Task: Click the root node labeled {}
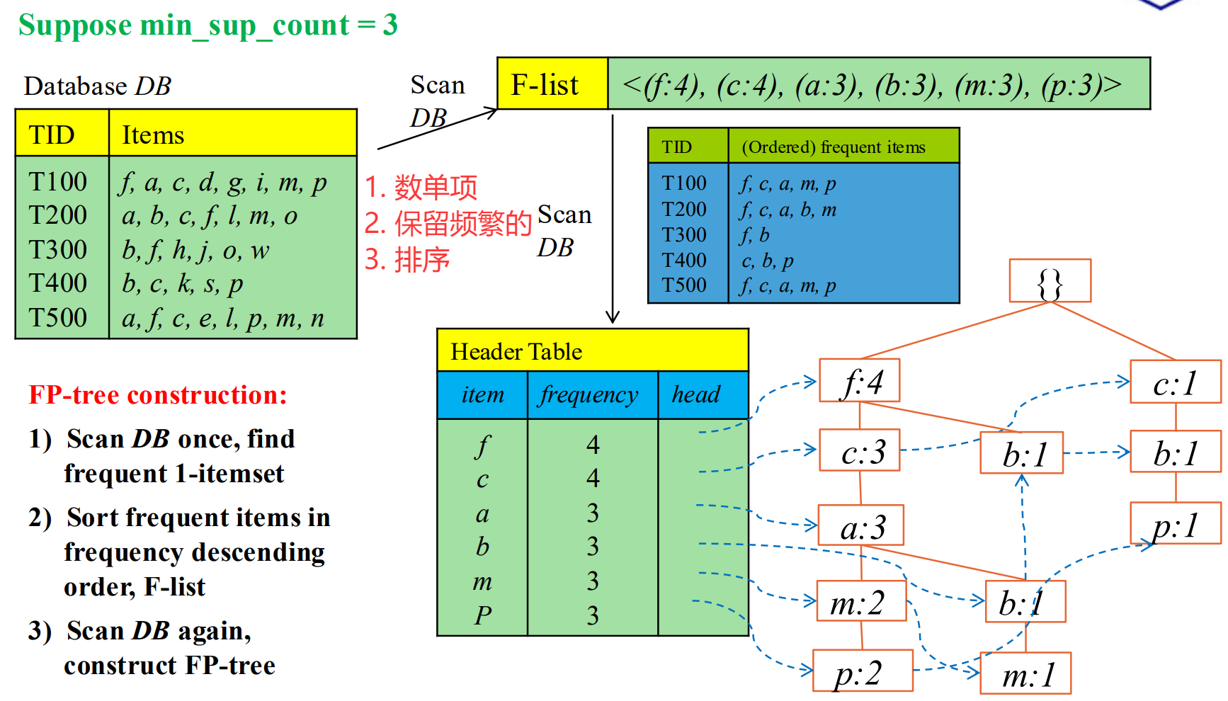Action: pyautogui.click(x=1050, y=281)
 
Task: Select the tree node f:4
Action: pyautogui.click(x=860, y=381)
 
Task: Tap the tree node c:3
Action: pyautogui.click(x=860, y=450)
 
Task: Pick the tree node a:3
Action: pyautogui.click(x=861, y=525)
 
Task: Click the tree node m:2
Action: pyautogui.click(x=861, y=601)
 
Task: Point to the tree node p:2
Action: pyautogui.click(x=862, y=671)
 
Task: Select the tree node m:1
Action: pyautogui.click(x=1025, y=673)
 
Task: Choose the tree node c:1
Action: pyautogui.click(x=1176, y=382)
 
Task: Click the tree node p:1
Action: pyautogui.click(x=1176, y=523)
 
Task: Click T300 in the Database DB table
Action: pyautogui.click(x=58, y=249)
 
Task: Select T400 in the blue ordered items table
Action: pyautogui.click(x=684, y=260)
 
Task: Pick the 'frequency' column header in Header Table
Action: pyautogui.click(x=589, y=394)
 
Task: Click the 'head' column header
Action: pyautogui.click(x=696, y=394)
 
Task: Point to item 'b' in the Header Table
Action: pyautogui.click(x=482, y=546)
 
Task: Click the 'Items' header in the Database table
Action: pyautogui.click(x=154, y=134)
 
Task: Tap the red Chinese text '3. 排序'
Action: pyautogui.click(x=407, y=260)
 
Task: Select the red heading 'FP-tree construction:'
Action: pyautogui.click(x=158, y=394)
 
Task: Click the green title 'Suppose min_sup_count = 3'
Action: pyautogui.click(x=208, y=25)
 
